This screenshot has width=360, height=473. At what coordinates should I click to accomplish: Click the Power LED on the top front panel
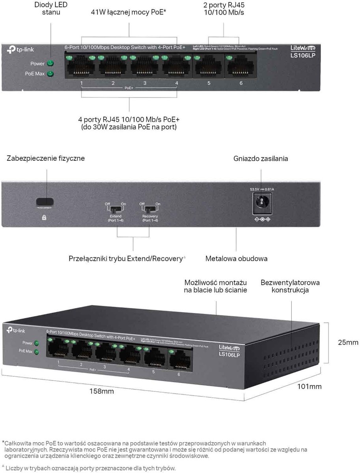(50, 63)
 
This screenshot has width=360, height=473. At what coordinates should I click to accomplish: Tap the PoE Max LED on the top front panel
(50, 74)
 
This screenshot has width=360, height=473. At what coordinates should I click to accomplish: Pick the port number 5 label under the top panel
(209, 83)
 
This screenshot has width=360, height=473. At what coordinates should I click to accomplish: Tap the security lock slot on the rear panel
(45, 202)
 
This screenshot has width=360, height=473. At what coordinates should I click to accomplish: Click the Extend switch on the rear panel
(116, 208)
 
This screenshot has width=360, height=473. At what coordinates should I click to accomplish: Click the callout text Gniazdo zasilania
(261, 159)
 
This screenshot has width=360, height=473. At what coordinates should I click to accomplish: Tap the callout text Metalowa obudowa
(236, 259)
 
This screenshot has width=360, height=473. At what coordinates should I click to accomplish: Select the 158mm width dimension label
(102, 391)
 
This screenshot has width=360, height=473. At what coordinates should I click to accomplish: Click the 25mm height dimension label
(348, 342)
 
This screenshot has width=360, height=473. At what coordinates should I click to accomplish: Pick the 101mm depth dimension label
(309, 387)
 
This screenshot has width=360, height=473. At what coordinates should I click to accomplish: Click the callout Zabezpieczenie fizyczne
(46, 158)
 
